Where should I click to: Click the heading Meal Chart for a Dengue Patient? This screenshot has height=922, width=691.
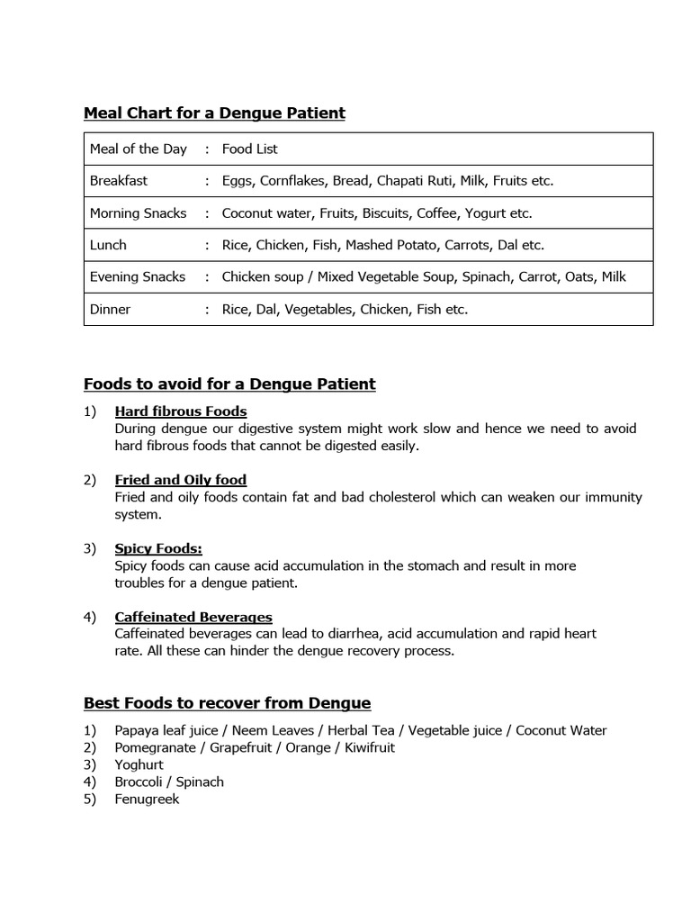(x=214, y=113)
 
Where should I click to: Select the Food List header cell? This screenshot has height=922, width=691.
(x=250, y=149)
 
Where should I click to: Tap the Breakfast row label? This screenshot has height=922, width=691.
(x=119, y=181)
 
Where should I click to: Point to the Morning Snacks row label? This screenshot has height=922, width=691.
(x=138, y=213)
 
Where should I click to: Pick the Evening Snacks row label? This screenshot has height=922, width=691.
(x=138, y=277)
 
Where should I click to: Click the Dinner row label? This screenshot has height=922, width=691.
(x=110, y=310)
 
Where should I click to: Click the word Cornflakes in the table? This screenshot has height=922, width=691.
(x=292, y=181)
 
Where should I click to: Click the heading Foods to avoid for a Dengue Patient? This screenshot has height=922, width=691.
(x=229, y=384)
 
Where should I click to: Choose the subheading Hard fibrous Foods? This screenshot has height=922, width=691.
(x=181, y=411)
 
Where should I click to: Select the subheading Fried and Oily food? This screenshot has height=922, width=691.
(x=181, y=480)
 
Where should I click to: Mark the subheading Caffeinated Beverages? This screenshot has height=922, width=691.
(x=193, y=617)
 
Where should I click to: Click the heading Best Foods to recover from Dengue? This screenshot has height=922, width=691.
(x=227, y=703)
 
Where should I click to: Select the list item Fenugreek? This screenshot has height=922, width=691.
(x=147, y=799)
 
